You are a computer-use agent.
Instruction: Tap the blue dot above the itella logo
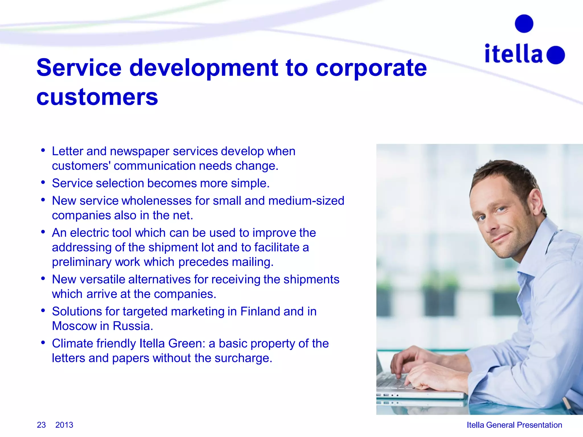(x=524, y=24)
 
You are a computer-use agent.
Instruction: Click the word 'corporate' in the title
(x=371, y=68)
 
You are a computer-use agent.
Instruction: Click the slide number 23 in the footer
(x=41, y=425)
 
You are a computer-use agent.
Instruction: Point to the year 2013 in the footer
(x=64, y=425)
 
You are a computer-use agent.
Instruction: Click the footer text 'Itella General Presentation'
(x=514, y=425)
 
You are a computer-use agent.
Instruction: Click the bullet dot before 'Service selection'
(x=43, y=182)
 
